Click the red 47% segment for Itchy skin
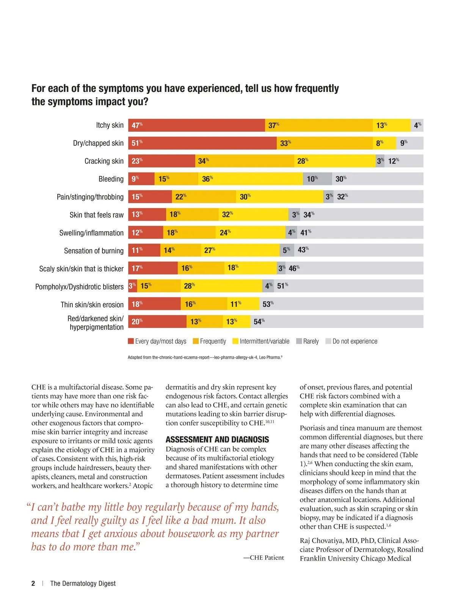point(196,125)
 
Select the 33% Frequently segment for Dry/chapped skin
point(325,143)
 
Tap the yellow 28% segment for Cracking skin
point(335,161)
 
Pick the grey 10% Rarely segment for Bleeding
point(317,179)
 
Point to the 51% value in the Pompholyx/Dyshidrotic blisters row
point(282,286)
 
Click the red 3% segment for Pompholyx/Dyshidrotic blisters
point(132,286)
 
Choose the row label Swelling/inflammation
point(91,233)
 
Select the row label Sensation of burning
point(94,251)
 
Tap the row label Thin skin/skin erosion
point(92,305)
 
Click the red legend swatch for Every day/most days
point(131,341)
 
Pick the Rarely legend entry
point(308,341)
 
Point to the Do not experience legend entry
point(351,341)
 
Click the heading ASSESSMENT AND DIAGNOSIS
point(217,439)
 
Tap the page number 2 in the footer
point(33,583)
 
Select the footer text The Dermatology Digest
point(83,583)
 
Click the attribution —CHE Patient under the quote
point(264,558)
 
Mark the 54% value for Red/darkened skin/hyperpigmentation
point(259,322)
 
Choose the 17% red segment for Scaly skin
point(153,268)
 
